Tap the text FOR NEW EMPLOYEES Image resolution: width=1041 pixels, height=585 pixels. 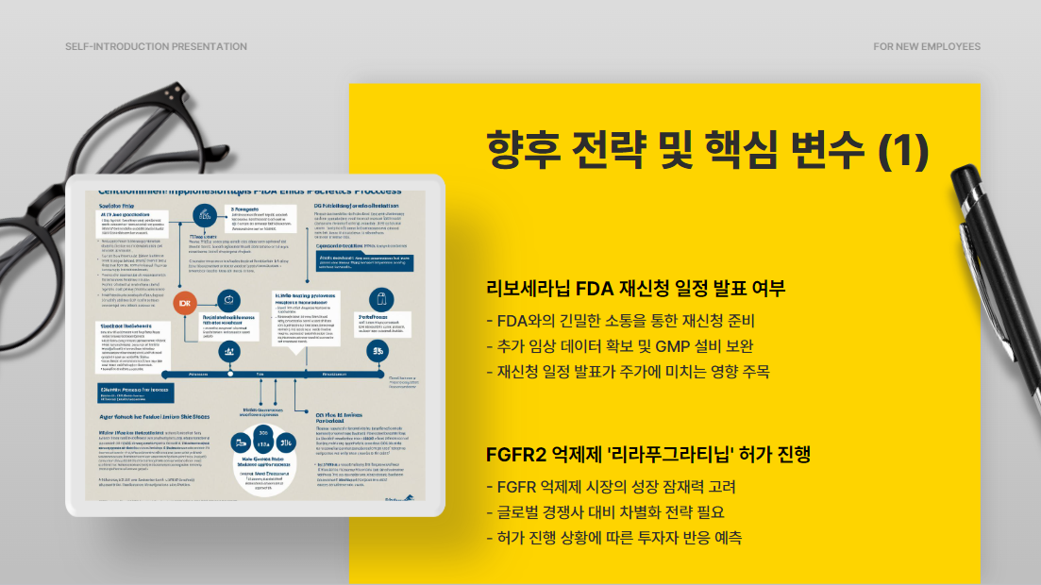click(x=927, y=46)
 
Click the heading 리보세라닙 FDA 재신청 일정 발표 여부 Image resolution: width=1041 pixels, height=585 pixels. click(x=635, y=289)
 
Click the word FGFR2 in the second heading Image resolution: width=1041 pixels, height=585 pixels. click(x=515, y=454)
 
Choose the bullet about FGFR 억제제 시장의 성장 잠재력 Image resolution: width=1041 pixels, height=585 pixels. click(x=610, y=488)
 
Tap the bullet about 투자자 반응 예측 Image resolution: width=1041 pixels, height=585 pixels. click(x=613, y=538)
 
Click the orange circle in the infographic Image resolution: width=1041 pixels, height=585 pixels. click(x=185, y=303)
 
